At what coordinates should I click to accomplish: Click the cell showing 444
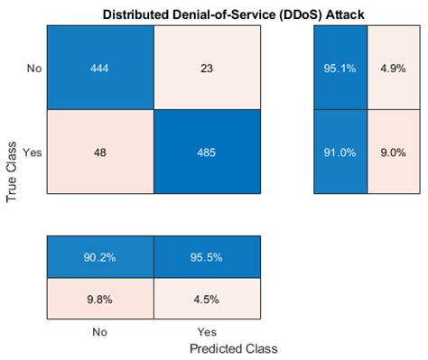pos(100,67)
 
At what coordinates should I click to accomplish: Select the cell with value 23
pos(208,67)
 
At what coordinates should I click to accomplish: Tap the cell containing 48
pos(100,152)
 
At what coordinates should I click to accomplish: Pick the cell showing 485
pos(208,152)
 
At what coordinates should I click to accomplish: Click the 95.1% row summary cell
pos(340,67)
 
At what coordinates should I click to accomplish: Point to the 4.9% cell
pos(393,67)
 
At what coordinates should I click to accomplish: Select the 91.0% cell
pos(340,152)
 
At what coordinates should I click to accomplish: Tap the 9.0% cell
pos(393,152)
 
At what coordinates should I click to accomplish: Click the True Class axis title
pos(13,170)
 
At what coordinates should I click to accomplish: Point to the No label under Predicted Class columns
pos(100,331)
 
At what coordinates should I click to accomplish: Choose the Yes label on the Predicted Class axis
pos(208,331)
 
